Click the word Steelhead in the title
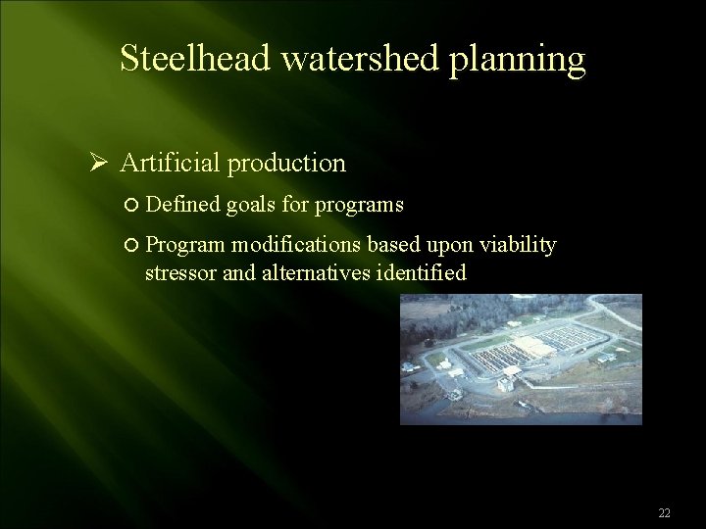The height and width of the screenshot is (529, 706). (195, 60)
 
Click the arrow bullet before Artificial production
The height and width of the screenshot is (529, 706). (97, 163)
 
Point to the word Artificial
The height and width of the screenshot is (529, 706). (171, 163)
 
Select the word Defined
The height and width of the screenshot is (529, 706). (181, 205)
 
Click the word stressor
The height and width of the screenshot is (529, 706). (180, 273)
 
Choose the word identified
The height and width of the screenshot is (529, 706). (420, 272)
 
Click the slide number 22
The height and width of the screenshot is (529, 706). (664, 513)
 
